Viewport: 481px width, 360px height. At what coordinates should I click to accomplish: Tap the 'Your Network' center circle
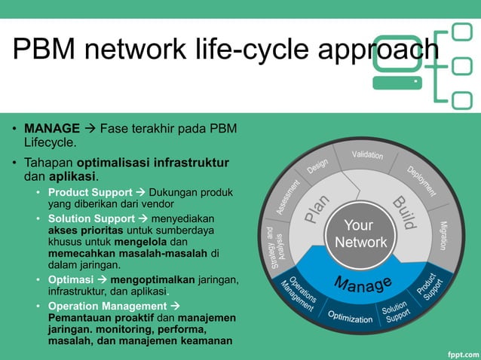pyautogui.click(x=360, y=234)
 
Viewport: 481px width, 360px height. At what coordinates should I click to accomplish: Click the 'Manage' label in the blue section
pyautogui.click(x=363, y=285)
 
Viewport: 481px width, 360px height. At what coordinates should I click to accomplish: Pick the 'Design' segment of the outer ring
pyautogui.click(x=317, y=167)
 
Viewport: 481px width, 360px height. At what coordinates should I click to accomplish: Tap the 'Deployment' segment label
pyautogui.click(x=422, y=182)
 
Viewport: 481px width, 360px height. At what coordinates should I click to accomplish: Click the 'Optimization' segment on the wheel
pyautogui.click(x=350, y=318)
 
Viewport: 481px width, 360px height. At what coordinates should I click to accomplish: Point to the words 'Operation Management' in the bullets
pyautogui.click(x=106, y=306)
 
